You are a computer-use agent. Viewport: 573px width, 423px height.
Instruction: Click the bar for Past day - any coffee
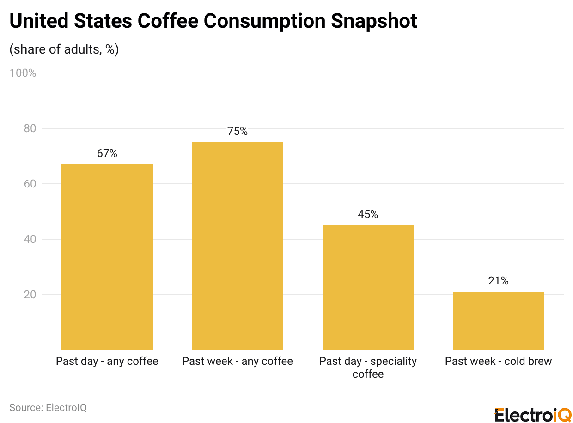[x=107, y=257]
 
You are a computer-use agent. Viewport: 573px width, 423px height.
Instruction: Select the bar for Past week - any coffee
[x=238, y=246]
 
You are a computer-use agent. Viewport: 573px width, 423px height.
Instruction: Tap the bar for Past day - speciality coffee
[x=368, y=288]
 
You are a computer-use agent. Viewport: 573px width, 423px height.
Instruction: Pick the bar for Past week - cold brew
[x=498, y=321]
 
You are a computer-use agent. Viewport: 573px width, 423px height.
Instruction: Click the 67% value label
[x=107, y=154]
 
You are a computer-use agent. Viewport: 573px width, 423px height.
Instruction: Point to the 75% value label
[x=238, y=132]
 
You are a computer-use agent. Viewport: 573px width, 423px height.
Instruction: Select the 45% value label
[x=368, y=215]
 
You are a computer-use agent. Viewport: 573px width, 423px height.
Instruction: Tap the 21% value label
[x=498, y=281]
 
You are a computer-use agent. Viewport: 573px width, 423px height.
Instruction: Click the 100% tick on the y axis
[x=23, y=73]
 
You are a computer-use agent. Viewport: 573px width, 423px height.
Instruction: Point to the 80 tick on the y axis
[x=30, y=128]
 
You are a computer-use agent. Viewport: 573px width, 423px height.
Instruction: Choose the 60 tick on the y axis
[x=30, y=184]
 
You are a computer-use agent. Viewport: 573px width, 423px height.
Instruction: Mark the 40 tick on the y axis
[x=30, y=239]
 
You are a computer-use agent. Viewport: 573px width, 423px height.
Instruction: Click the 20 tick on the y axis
[x=30, y=295]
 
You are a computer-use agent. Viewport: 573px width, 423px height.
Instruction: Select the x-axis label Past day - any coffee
[x=107, y=361]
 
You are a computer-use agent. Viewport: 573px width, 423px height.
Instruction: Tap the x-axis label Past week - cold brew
[x=498, y=361]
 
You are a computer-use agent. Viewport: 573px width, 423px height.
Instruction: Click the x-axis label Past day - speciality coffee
[x=368, y=368]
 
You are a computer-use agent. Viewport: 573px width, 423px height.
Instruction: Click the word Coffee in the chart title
[x=168, y=21]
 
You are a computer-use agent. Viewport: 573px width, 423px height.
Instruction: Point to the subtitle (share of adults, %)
[x=64, y=49]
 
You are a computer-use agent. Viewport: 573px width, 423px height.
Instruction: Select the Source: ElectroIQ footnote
[x=48, y=408]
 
